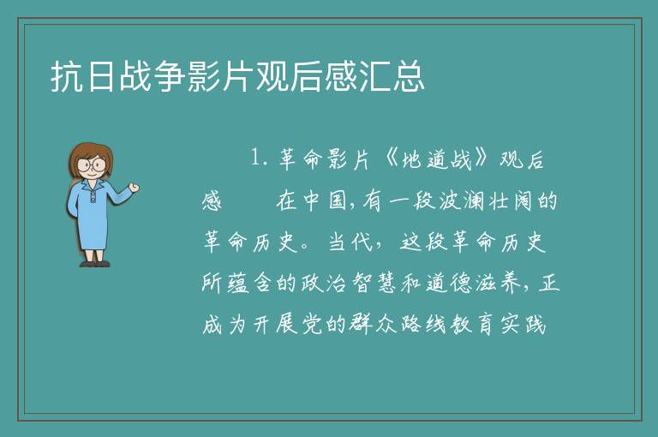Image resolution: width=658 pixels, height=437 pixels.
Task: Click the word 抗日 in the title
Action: (x=82, y=76)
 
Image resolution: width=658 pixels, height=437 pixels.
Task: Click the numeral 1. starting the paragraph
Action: (x=259, y=159)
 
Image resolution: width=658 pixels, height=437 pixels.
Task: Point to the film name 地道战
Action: (x=436, y=159)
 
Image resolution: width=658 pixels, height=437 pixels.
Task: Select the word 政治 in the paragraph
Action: (x=324, y=283)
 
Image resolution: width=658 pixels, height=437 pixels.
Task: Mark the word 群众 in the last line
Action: (x=373, y=325)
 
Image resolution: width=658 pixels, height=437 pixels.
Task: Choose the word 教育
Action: (x=473, y=325)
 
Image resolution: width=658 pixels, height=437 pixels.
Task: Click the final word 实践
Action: (x=523, y=325)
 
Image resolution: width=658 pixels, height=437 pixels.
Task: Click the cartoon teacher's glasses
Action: (x=91, y=165)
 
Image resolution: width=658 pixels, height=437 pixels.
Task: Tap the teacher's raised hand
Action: (x=134, y=188)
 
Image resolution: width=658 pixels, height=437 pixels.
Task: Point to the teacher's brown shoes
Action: (x=95, y=264)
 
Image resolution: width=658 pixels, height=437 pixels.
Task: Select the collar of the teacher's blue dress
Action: (x=92, y=186)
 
